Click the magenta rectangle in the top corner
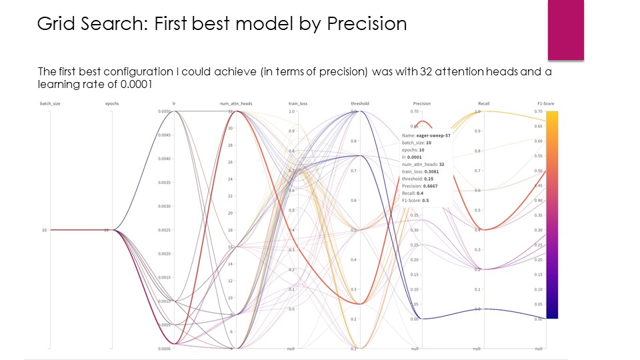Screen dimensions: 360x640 [565, 29]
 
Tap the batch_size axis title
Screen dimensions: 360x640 [51, 104]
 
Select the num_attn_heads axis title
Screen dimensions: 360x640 [236, 104]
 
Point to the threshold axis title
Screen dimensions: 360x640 [359, 104]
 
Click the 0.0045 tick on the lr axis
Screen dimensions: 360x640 [164, 135]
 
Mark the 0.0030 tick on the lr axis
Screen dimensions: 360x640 [164, 207]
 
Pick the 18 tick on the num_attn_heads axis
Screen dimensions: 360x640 [229, 230]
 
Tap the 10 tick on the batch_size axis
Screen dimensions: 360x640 [44, 230]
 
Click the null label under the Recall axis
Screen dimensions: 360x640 [477, 349]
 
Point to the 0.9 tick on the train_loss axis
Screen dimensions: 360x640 [291, 131]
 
